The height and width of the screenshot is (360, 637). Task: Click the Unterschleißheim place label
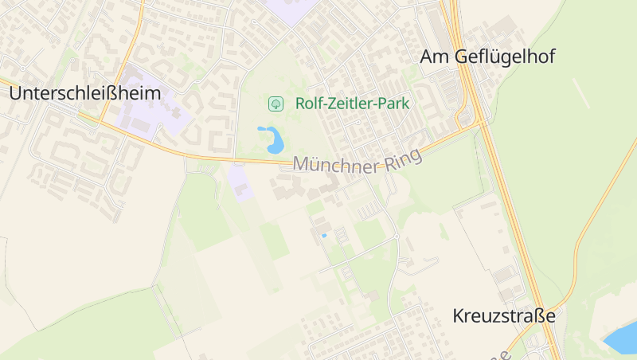[85, 93]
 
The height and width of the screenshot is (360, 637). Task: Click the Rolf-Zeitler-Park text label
[352, 103]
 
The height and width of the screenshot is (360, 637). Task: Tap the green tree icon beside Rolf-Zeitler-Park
[276, 103]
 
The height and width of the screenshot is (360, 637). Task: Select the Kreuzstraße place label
[503, 315]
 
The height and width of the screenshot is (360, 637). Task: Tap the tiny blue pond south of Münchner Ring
[323, 236]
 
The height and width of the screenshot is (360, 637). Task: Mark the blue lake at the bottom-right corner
[622, 338]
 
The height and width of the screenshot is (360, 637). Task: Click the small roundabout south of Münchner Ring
[397, 237]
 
